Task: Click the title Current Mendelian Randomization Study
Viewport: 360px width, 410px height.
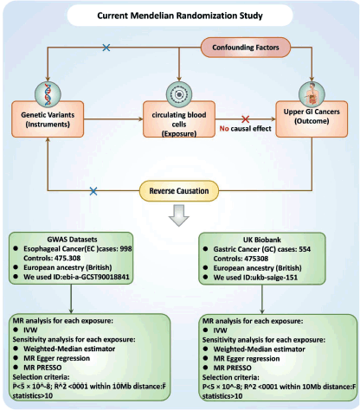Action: pos(180,16)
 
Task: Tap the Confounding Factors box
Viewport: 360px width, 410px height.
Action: pos(246,48)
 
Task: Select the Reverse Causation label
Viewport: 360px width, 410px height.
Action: pos(179,191)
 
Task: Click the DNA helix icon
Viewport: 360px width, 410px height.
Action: pos(48,94)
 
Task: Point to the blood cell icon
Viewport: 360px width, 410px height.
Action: pos(179,94)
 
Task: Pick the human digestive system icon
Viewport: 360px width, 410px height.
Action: pos(312,94)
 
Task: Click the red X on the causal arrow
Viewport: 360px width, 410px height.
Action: pos(246,119)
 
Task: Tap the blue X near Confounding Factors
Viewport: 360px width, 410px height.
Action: pos(106,48)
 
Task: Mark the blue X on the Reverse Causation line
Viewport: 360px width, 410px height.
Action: pos(93,191)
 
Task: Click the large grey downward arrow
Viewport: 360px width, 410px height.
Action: pos(179,215)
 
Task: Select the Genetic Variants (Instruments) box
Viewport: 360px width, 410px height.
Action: pos(48,119)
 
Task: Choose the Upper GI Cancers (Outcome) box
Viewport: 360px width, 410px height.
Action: pos(312,119)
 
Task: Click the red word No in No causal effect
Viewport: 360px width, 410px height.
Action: pos(224,129)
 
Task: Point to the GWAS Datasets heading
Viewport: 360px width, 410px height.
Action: pos(72,240)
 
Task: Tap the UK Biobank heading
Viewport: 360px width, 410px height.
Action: pos(262,240)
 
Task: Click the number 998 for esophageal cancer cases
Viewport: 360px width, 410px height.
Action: pos(125,248)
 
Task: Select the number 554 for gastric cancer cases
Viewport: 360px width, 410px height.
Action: pos(305,249)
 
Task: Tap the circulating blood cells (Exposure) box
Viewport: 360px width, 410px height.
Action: pos(179,119)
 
